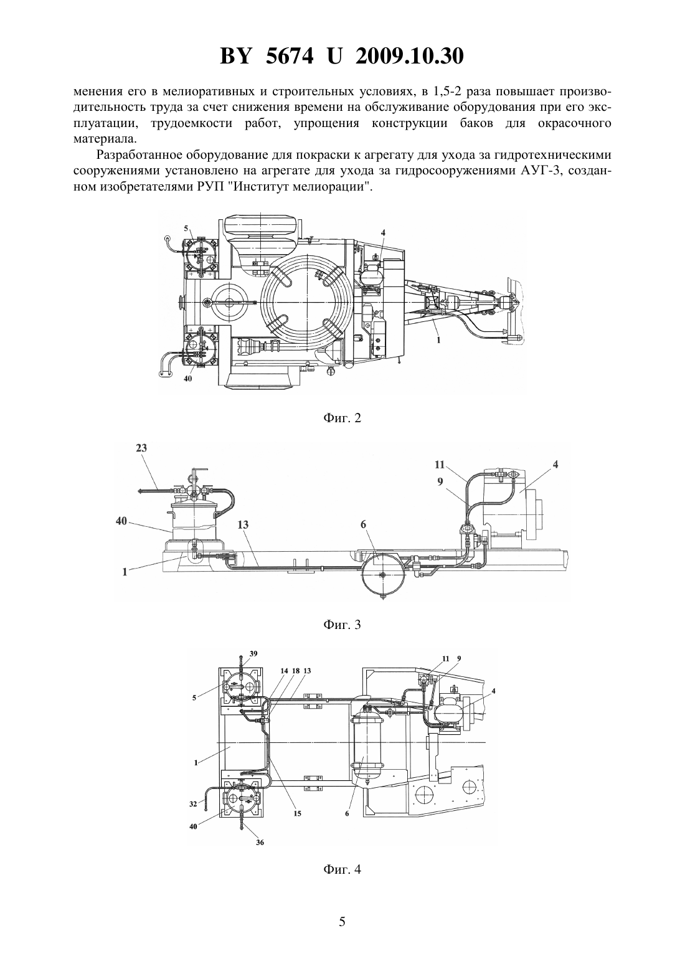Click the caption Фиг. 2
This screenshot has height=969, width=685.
[x=342, y=418]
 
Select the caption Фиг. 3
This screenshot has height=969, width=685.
[x=342, y=624]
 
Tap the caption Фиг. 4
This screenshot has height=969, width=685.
[x=342, y=869]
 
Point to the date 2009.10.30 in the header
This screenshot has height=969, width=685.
[x=409, y=56]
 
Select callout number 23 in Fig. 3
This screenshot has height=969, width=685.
[x=141, y=448]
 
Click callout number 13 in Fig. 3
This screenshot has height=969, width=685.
[x=243, y=525]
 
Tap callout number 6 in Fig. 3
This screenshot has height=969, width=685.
[x=363, y=524]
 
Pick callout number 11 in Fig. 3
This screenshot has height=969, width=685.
[x=440, y=465]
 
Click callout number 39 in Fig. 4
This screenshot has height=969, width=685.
[x=253, y=654]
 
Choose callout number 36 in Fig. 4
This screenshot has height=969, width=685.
[x=260, y=842]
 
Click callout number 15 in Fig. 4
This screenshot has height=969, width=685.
[x=297, y=813]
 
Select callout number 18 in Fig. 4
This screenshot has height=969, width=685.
[x=296, y=671]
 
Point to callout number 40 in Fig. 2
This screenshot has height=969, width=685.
[x=187, y=379]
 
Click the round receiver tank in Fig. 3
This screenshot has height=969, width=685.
[x=382, y=574]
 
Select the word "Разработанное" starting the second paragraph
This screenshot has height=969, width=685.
[x=136, y=155]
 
